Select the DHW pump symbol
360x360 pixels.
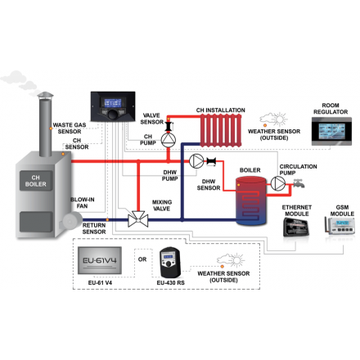coord(197,160)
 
